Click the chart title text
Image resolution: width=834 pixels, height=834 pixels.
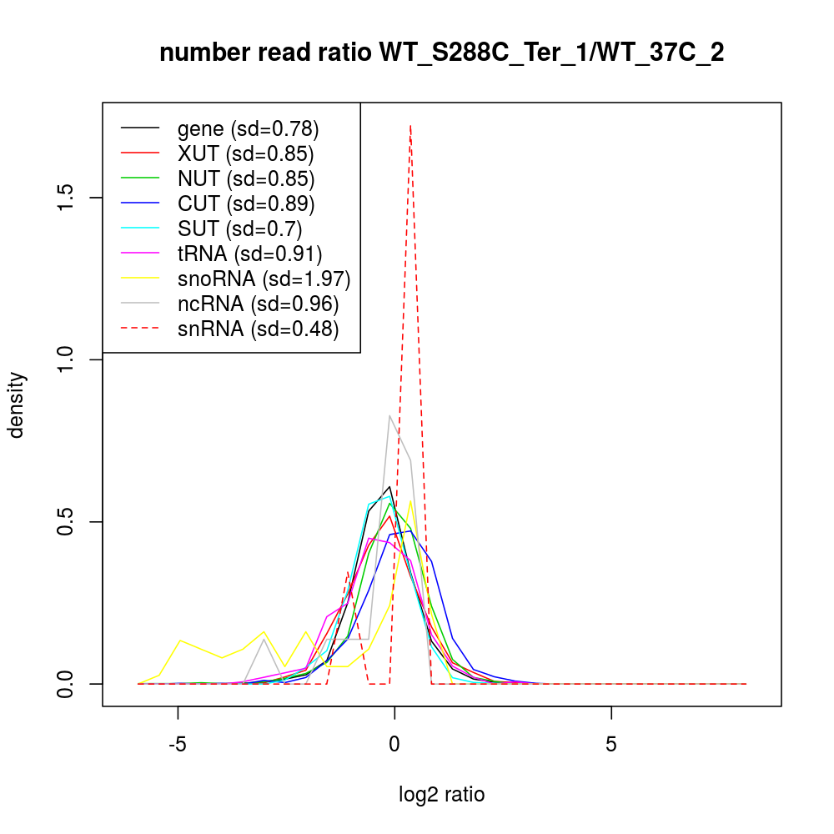[x=441, y=53]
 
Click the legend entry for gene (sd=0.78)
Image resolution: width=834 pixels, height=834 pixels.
[x=248, y=129]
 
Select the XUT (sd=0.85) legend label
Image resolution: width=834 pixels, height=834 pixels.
[x=245, y=154]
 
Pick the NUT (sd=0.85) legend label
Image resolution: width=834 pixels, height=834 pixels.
[x=245, y=178]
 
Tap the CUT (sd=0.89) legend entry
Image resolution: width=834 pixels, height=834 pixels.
[x=245, y=203]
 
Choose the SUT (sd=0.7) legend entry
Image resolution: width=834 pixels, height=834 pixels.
[x=239, y=229]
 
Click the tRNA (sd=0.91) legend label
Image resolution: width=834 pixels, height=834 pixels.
[x=249, y=254]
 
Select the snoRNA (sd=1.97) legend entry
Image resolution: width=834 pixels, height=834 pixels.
[x=264, y=279]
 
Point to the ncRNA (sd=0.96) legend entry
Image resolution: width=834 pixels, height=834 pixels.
[x=258, y=304]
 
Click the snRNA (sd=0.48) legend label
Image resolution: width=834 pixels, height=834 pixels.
[x=258, y=329]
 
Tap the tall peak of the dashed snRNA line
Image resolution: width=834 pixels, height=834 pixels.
[x=410, y=126]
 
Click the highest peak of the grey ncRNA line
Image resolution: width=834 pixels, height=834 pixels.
[x=389, y=416]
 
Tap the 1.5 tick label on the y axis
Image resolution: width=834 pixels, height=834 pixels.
[x=69, y=198]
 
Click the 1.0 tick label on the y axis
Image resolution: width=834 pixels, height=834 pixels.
[x=69, y=359]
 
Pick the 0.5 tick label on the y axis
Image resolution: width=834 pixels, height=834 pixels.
[x=69, y=522]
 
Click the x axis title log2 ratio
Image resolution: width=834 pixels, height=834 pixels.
[x=442, y=795]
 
